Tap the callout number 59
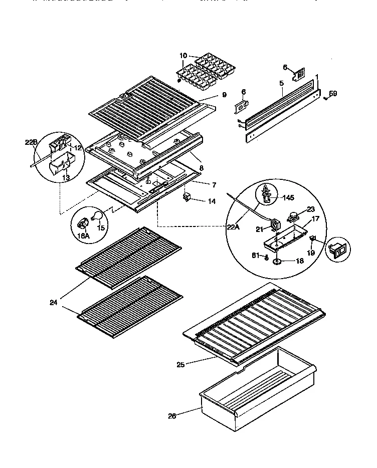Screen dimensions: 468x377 333,93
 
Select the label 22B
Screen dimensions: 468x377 31,142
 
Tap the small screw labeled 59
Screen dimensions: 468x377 325,98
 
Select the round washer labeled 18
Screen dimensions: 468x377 277,261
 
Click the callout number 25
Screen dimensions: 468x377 180,364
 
